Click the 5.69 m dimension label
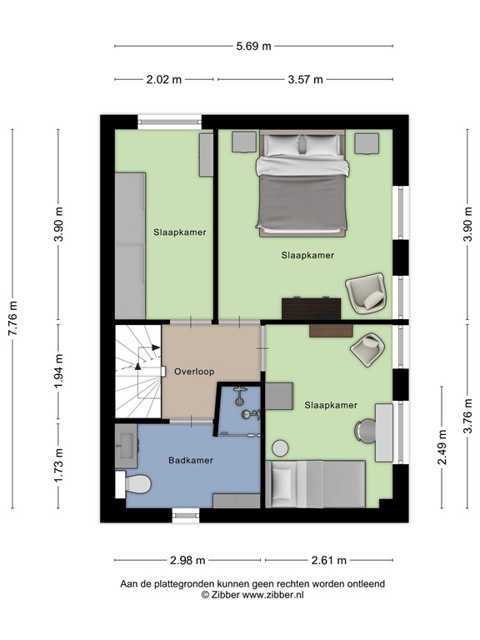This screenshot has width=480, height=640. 253,46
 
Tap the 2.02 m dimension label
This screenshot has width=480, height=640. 163,79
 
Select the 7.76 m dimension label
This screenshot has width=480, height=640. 13,318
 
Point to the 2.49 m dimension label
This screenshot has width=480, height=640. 442,447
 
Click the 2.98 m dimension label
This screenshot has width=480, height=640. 187,560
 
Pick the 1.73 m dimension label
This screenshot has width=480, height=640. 59,465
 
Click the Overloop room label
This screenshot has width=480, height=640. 194,372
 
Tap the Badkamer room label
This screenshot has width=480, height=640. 191,460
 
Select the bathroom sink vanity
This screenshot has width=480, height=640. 126,446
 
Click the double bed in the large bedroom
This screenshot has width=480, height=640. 302,183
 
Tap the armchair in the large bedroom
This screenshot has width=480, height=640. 366,293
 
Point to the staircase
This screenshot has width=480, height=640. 138,372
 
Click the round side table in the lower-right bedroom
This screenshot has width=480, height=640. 280,448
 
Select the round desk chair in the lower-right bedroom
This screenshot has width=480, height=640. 364,430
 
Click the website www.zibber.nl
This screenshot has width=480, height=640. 273,595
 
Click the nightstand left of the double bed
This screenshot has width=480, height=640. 244,142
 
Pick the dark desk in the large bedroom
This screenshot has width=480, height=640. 312,308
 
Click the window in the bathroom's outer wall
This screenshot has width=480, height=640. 186,515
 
